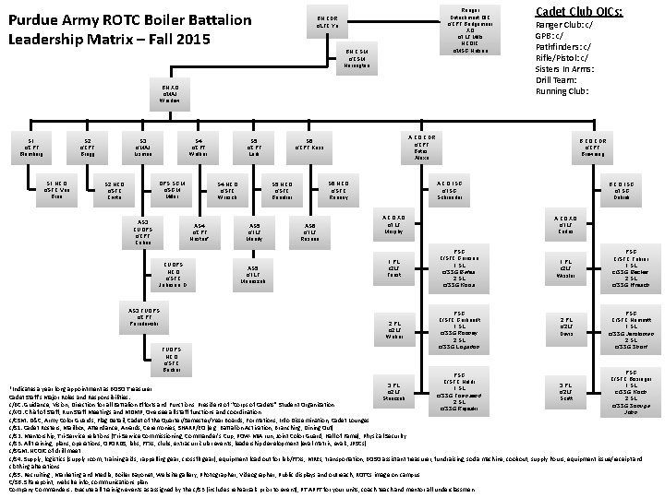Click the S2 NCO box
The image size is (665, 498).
pyautogui.click(x=115, y=191)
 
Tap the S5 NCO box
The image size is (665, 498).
pyautogui.click(x=283, y=191)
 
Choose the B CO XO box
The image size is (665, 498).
pyautogui.click(x=564, y=226)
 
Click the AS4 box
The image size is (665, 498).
pyautogui.click(x=199, y=231)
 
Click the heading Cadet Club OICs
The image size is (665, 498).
pyautogui.click(x=579, y=12)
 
